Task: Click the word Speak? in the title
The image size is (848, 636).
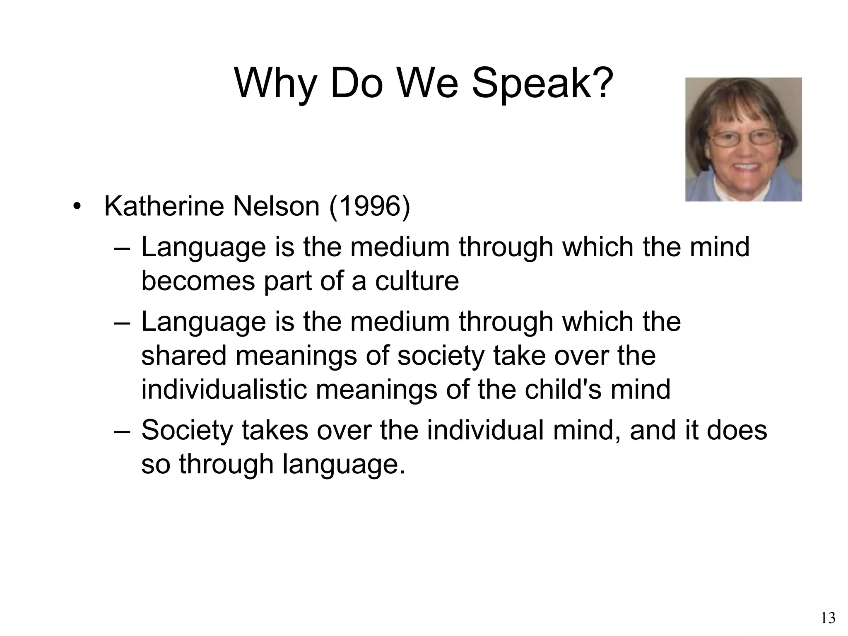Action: [542, 84]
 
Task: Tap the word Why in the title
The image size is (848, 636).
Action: [275, 84]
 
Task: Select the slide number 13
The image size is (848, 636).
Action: [828, 618]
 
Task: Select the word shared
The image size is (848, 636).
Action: [184, 356]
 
